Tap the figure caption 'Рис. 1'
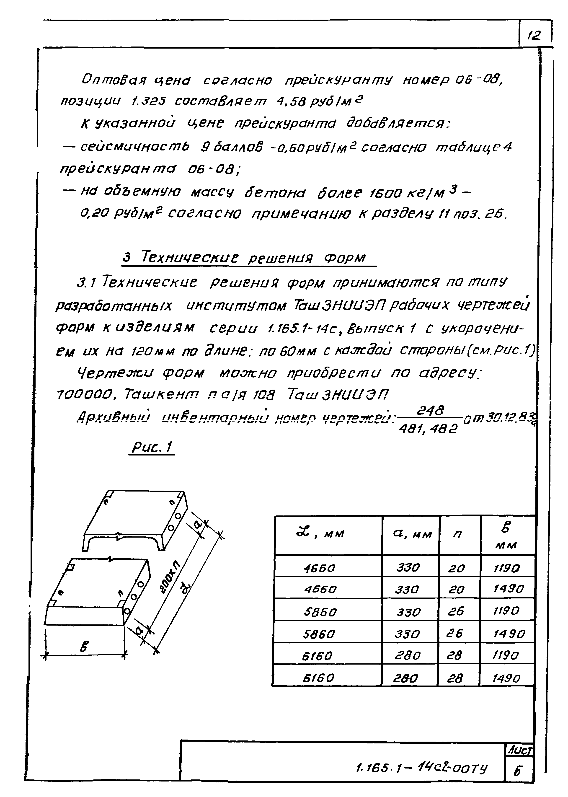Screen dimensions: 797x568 point(152,447)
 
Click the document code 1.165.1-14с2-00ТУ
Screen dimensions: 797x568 point(421,768)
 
